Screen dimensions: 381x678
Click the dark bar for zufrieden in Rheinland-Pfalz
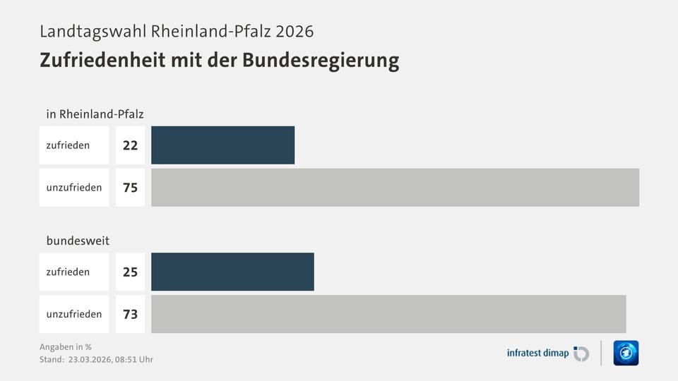222,145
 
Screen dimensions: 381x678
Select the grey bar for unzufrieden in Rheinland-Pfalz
395,188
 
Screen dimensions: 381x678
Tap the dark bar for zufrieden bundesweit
232,272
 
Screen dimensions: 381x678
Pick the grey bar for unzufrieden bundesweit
388,314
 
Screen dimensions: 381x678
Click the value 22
130,145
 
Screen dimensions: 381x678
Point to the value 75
130,188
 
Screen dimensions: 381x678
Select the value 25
130,272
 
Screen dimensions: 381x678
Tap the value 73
130,314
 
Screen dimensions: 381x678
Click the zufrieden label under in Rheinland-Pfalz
68,145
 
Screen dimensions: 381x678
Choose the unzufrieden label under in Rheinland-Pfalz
74,188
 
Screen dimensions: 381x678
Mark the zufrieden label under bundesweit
68,272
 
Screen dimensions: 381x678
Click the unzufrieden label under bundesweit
74,314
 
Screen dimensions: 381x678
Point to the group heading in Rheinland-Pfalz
95,114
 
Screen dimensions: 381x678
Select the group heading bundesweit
78,241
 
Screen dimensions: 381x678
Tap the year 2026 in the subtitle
294,32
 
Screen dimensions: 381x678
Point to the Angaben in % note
66,346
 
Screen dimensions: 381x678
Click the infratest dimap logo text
537,353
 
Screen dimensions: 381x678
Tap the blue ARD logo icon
626,353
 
